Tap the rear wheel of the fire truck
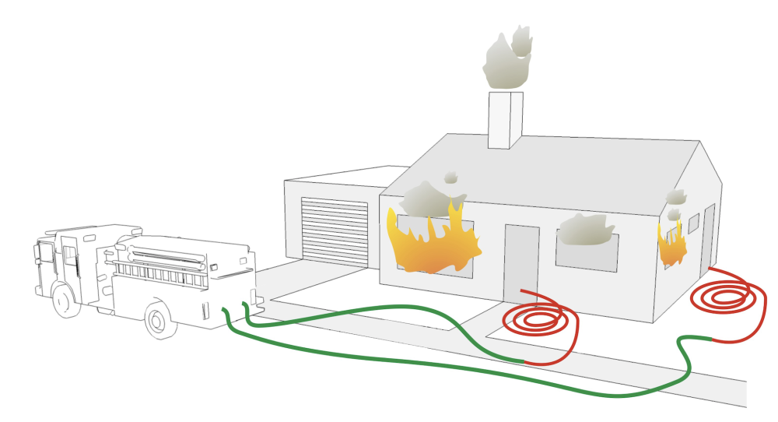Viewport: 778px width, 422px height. [x=160, y=322]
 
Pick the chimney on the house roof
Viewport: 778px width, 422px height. [x=504, y=120]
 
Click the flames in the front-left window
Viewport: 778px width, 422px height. [x=432, y=242]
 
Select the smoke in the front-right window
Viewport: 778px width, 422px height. [x=587, y=230]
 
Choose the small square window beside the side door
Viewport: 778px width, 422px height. [x=692, y=224]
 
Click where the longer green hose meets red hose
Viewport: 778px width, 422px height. [x=711, y=338]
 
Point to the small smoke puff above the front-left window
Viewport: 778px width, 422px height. [x=451, y=178]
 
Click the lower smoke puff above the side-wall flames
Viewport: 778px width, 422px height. [x=674, y=213]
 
